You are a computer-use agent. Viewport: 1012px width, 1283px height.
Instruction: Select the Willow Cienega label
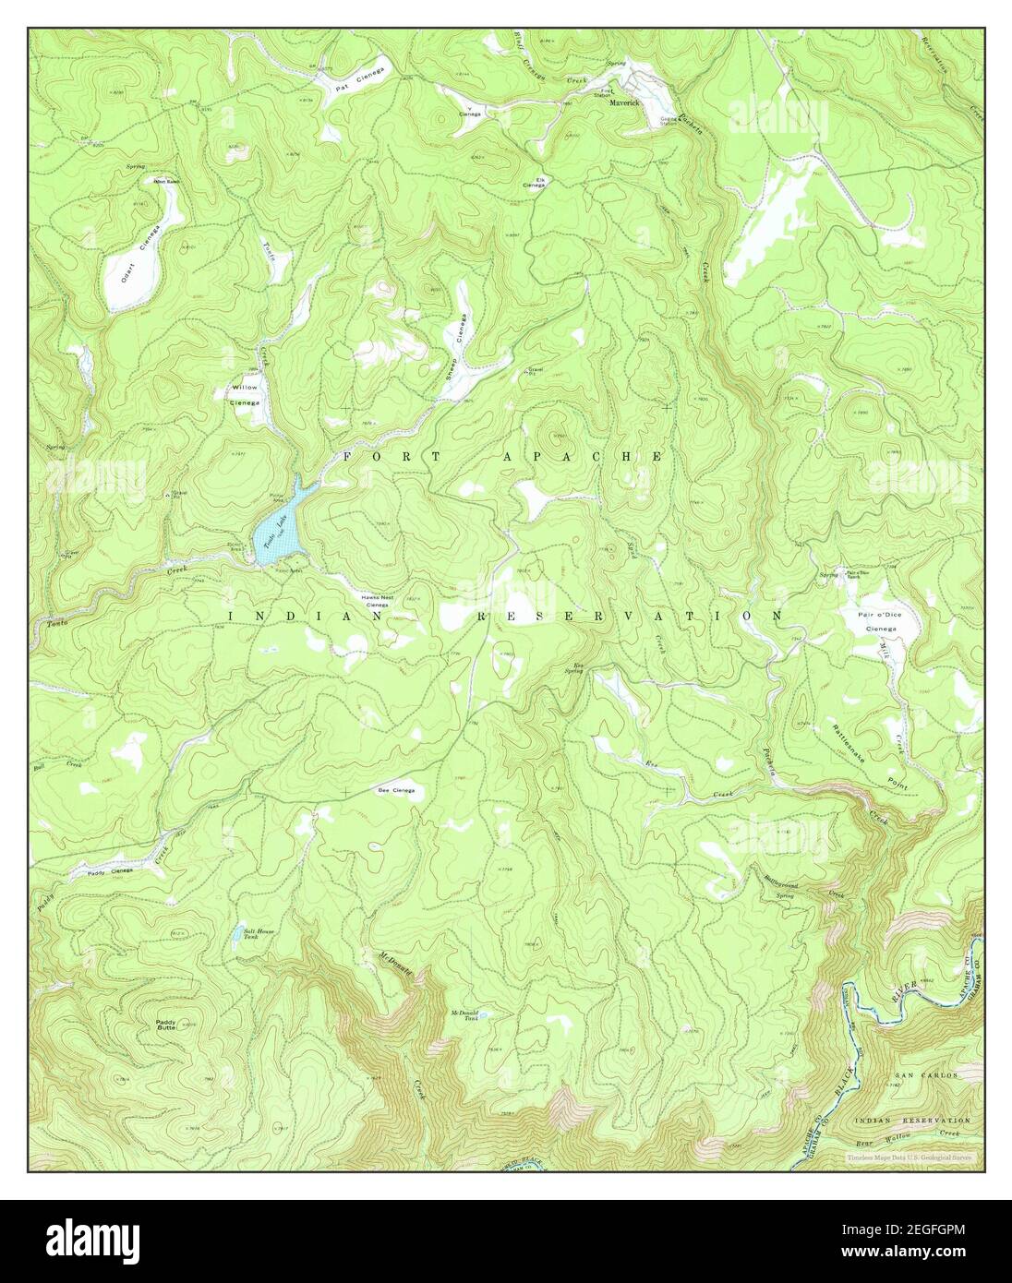(245, 394)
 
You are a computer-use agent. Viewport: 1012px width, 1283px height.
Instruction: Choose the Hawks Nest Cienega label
(380, 600)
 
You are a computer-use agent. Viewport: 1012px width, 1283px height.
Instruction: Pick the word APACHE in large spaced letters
(582, 457)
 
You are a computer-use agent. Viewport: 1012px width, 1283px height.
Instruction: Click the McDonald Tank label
(464, 1016)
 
